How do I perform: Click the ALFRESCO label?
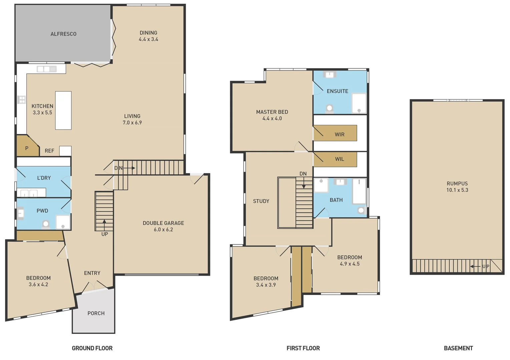click(63, 34)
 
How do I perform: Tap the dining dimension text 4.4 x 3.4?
click(148, 39)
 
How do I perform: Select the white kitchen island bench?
click(63, 110)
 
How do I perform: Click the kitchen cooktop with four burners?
click(22, 99)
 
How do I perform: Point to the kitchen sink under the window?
click(47, 69)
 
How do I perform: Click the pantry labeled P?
click(27, 148)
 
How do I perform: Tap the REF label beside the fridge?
click(49, 151)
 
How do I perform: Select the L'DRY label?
click(44, 178)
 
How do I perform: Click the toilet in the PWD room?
click(46, 224)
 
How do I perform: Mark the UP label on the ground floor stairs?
click(105, 234)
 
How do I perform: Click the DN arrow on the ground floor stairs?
click(129, 168)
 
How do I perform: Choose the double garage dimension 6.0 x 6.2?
click(163, 230)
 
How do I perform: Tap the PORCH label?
click(96, 313)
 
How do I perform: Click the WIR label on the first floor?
click(340, 135)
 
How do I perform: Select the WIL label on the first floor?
click(340, 159)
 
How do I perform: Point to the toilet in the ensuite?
click(330, 108)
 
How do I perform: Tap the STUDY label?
click(261, 201)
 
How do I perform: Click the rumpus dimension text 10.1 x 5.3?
click(457, 190)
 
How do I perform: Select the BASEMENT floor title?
click(458, 348)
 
